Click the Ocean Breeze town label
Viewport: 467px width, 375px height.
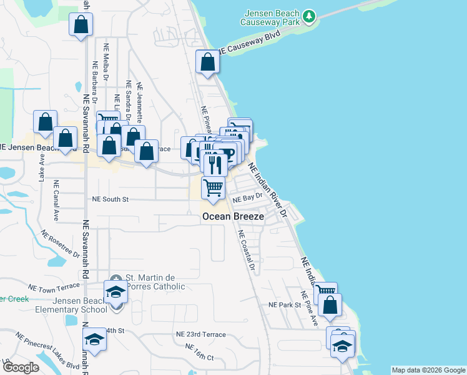click(x=233, y=216)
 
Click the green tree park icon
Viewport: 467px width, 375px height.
click(x=308, y=15)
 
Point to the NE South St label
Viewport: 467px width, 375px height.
click(x=110, y=199)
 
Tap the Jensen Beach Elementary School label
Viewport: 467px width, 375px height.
click(x=72, y=305)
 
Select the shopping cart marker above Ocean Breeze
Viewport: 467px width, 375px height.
click(x=214, y=188)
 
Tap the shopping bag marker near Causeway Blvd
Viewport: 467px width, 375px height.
click(x=207, y=62)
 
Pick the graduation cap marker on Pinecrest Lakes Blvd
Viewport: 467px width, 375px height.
click(x=94, y=339)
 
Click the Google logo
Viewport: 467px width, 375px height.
click(x=20, y=367)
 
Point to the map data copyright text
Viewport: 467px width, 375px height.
click(x=428, y=370)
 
